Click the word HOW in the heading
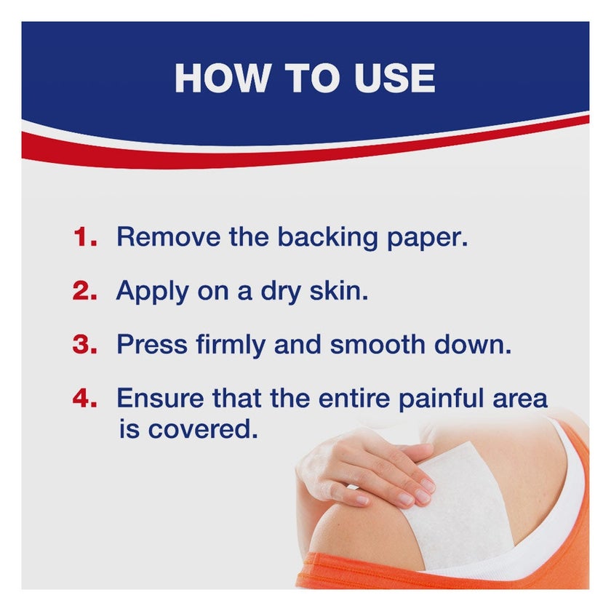(x=223, y=78)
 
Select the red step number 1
(x=85, y=237)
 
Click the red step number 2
(x=84, y=291)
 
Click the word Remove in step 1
(x=168, y=236)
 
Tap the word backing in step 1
(x=327, y=239)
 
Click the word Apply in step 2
(x=152, y=292)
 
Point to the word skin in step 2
(x=339, y=290)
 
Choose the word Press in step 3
(x=152, y=345)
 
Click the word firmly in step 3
(x=231, y=346)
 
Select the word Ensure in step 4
(x=160, y=399)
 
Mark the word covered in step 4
(x=203, y=429)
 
